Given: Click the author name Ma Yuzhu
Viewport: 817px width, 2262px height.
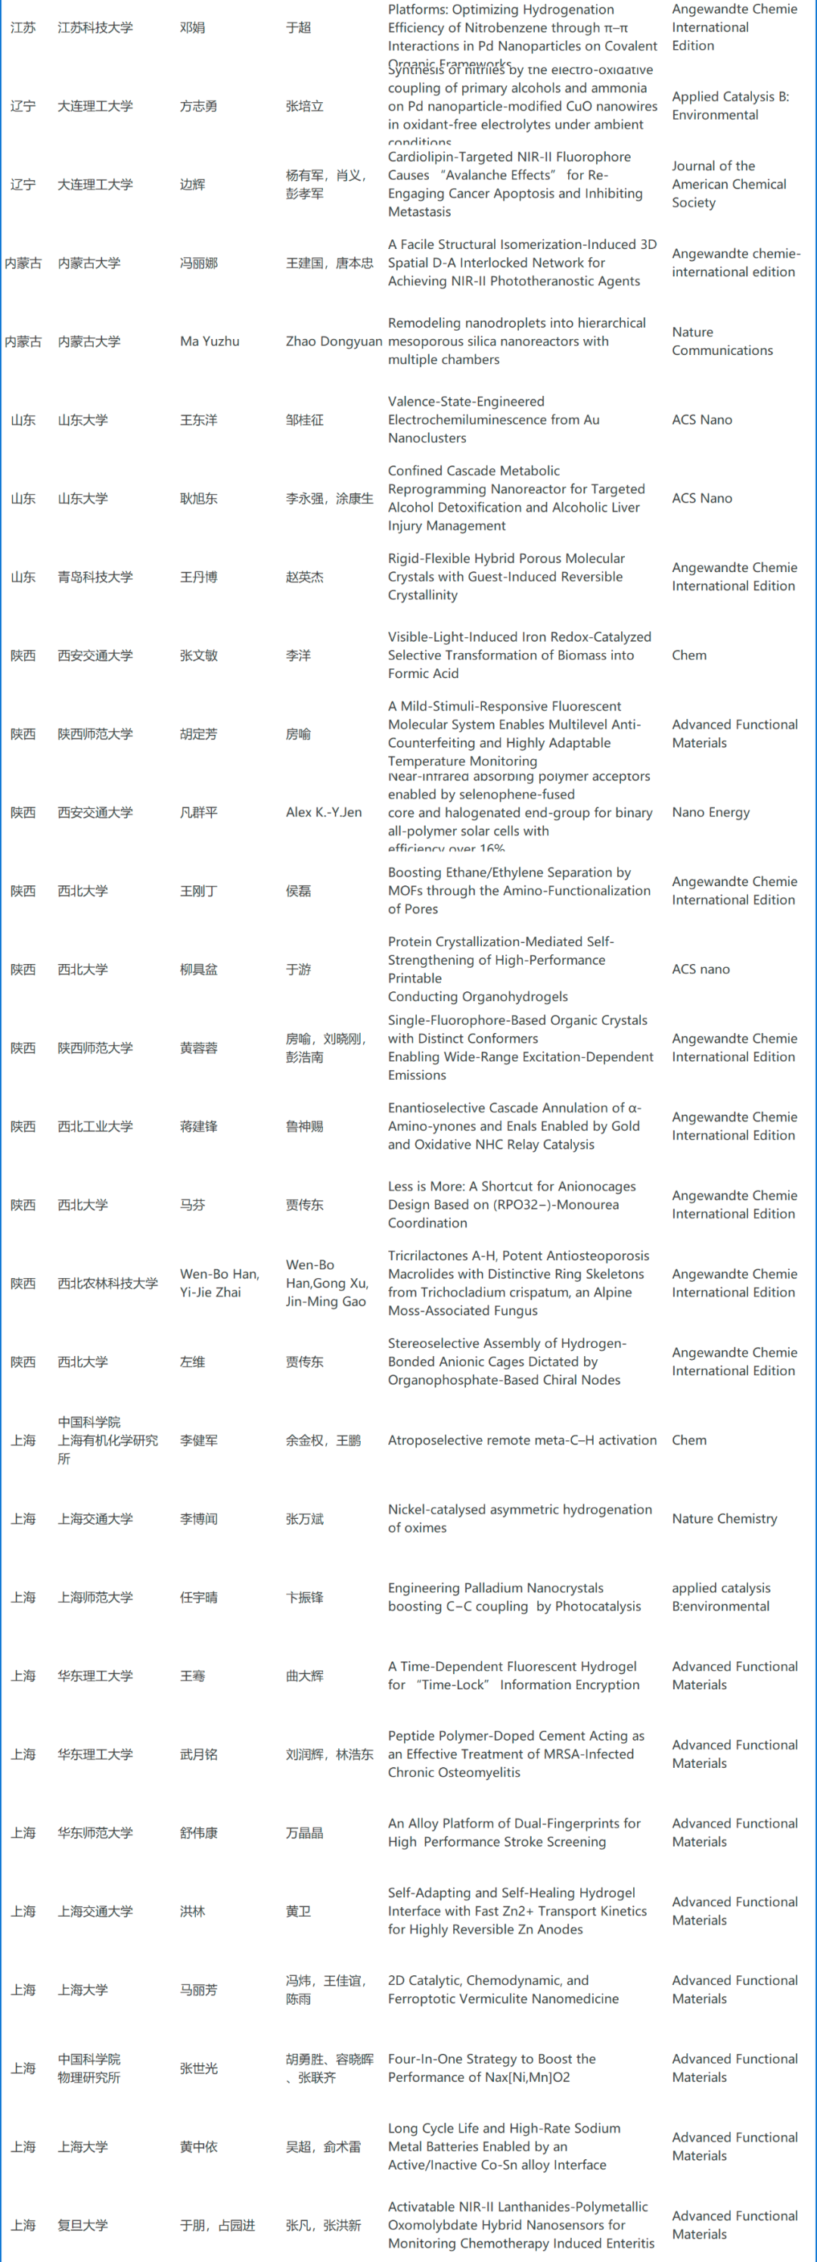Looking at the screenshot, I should (210, 341).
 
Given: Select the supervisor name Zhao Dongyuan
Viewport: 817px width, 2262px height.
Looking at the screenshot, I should (334, 341).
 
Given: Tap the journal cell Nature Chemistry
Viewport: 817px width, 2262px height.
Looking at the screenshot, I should (724, 1518).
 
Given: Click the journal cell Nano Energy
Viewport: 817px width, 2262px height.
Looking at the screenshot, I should (710, 812).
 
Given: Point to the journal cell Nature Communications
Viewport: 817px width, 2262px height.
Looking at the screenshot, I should (722, 341).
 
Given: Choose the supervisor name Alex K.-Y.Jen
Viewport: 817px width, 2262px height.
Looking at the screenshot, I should (323, 812).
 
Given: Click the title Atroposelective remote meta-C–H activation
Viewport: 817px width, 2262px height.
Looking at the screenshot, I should (522, 1440).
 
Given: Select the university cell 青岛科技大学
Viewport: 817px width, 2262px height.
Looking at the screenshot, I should (95, 577).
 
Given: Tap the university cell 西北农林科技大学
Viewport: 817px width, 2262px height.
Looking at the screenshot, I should (107, 1283).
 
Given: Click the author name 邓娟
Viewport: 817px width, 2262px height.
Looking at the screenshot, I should (192, 27).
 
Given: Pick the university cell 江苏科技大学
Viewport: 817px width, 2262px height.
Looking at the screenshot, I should (95, 27).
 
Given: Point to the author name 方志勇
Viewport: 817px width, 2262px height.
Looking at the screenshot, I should (199, 106).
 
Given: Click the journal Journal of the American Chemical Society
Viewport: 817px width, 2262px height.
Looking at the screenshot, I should (728, 185).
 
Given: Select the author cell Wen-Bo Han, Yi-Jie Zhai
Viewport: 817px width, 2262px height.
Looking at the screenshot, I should (219, 1283).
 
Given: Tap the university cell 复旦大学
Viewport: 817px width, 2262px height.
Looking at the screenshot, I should (82, 2225).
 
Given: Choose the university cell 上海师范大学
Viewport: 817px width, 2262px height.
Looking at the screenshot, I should (95, 1598).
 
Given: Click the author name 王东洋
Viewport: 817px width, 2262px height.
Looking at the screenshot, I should (199, 420).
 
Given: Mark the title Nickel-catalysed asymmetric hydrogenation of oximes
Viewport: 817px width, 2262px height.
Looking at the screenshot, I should (520, 1518).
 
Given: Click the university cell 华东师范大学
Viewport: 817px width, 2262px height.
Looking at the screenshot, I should (95, 1833).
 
